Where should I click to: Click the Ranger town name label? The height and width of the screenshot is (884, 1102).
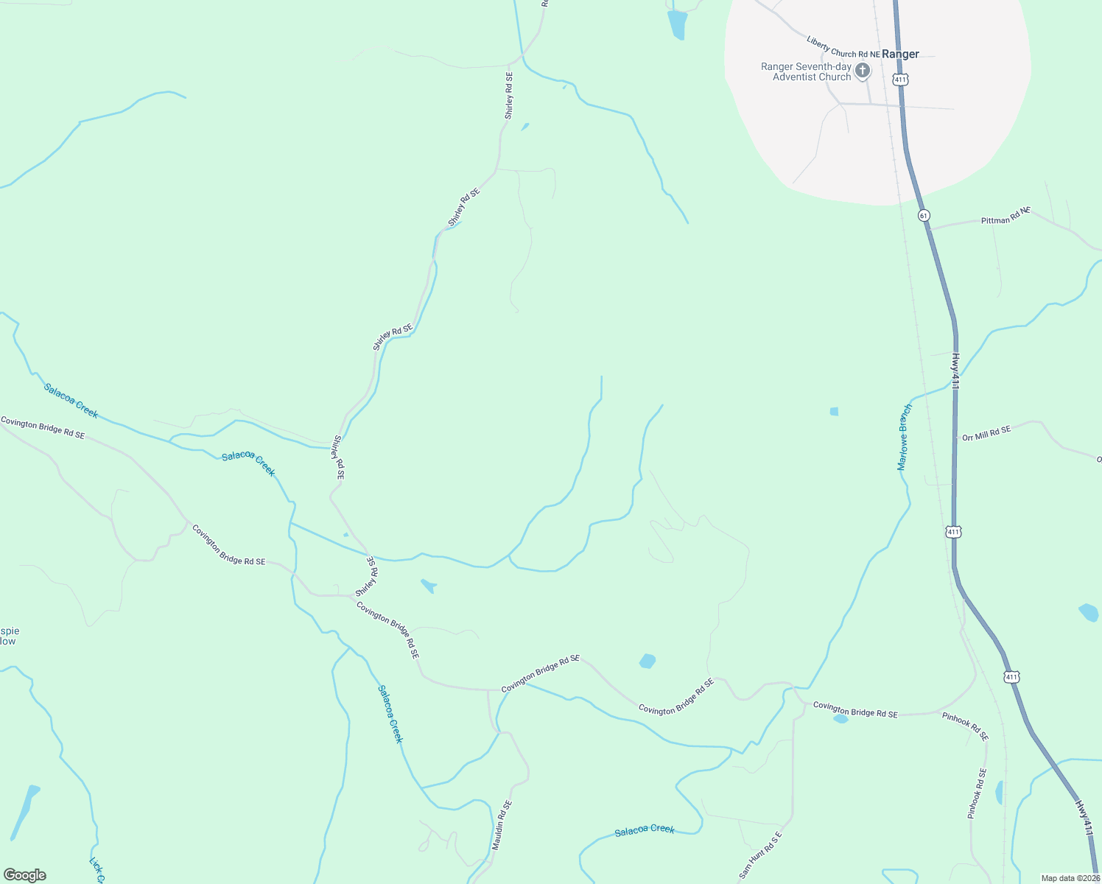point(900,54)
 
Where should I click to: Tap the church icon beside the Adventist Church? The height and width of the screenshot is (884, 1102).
point(862,71)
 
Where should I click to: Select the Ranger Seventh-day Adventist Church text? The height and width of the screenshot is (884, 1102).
point(806,71)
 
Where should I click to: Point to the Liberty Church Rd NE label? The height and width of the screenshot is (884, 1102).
point(843,47)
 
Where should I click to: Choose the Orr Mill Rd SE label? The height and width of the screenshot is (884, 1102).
point(986,433)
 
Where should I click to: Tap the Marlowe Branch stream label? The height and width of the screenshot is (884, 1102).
point(905,437)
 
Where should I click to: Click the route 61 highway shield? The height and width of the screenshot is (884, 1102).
point(924,215)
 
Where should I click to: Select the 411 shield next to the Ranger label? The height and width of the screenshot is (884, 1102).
point(900,79)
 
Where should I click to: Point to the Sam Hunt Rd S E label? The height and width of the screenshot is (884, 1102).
point(759,855)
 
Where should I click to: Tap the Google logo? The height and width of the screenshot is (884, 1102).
point(25,875)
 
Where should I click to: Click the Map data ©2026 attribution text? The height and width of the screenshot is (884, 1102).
point(1070,878)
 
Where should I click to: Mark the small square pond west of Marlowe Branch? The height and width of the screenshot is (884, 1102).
point(834,412)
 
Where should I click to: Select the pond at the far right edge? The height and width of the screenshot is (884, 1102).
point(1089,611)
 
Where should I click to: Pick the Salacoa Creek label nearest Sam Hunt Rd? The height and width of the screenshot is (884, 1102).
point(645,830)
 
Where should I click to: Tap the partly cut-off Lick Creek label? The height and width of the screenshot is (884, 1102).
point(96,870)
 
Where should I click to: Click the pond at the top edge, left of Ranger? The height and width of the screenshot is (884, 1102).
point(677,24)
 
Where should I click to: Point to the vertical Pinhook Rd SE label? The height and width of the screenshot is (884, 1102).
point(977,793)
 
